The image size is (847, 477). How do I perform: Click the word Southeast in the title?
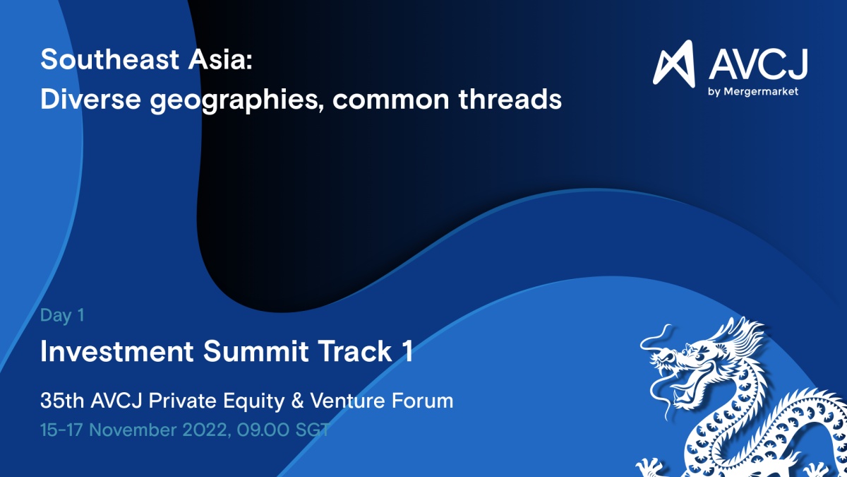click(x=109, y=59)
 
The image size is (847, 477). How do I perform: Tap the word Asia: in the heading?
click(x=220, y=59)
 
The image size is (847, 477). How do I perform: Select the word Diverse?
click(x=91, y=99)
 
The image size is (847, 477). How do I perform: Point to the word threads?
click(x=510, y=99)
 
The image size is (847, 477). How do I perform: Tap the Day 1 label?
click(x=62, y=316)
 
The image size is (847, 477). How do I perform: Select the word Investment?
click(x=117, y=351)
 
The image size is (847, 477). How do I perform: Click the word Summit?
click(x=256, y=351)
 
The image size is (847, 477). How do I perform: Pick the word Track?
click(x=355, y=351)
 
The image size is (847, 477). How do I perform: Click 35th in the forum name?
click(x=62, y=401)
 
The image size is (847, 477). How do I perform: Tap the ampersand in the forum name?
click(x=298, y=401)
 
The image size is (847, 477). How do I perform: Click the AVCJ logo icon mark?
click(x=674, y=63)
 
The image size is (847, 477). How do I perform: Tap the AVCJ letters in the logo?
click(x=758, y=64)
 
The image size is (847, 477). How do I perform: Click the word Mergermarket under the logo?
click(x=761, y=92)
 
